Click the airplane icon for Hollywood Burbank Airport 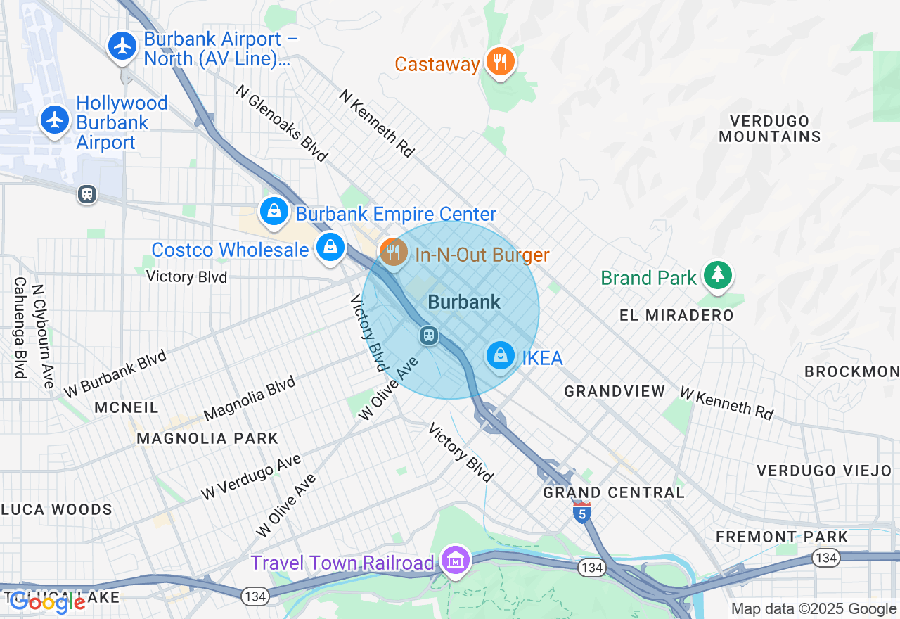55,120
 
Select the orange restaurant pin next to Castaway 500,62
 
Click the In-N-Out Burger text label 482,255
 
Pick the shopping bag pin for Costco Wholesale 329,247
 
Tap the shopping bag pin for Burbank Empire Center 274,211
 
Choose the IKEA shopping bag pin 501,356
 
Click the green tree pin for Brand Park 717,274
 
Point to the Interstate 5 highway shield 581,513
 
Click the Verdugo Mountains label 770,129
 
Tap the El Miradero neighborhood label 676,315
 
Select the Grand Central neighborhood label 614,492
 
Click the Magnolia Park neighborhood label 207,438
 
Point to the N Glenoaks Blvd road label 282,124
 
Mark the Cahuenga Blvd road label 19,327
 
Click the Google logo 48,602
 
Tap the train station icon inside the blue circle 429,336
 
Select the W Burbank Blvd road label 115,373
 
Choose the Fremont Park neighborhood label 782,537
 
